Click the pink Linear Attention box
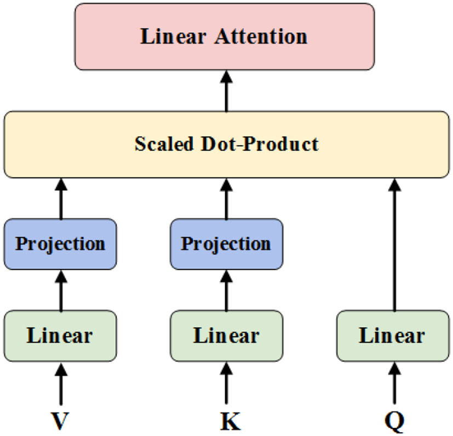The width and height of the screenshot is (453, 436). (x=225, y=37)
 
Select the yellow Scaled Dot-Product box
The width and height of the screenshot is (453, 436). (x=226, y=145)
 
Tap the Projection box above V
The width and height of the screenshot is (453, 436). (x=60, y=244)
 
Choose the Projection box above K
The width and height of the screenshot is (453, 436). (x=226, y=244)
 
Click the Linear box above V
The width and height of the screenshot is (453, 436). (x=60, y=336)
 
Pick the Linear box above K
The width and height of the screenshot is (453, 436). (x=226, y=336)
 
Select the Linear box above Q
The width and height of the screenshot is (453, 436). (x=392, y=336)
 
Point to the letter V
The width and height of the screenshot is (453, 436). (x=60, y=422)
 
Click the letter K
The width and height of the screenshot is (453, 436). (x=226, y=422)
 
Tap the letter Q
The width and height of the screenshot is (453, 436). (x=393, y=422)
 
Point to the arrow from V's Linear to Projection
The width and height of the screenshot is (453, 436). (x=60, y=290)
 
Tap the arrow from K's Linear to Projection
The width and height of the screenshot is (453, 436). (x=226, y=290)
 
